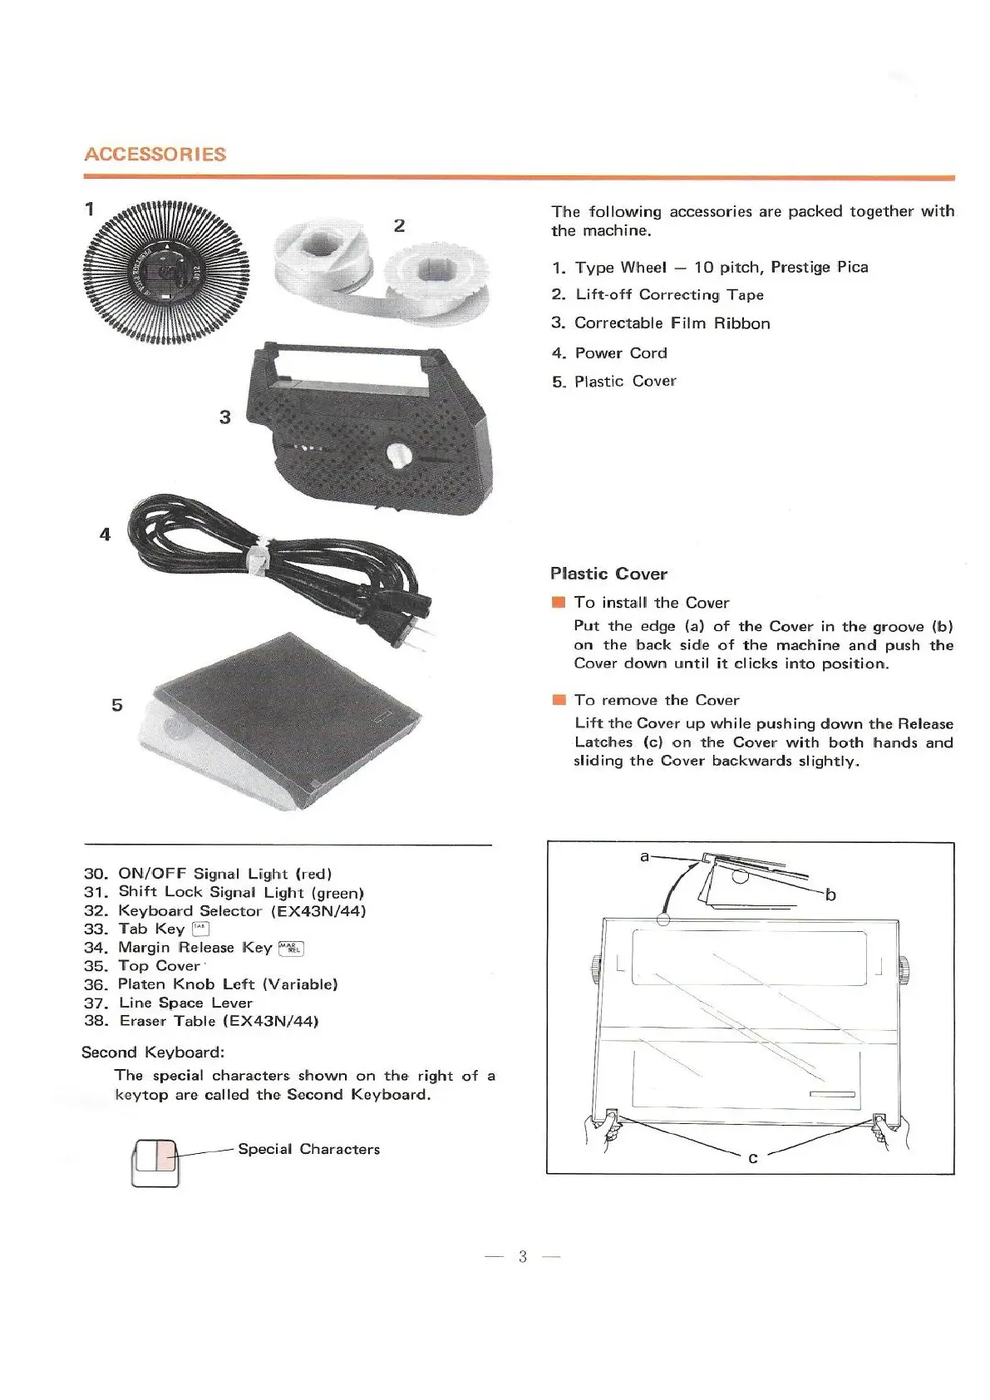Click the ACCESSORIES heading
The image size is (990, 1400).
click(155, 155)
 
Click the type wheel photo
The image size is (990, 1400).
click(165, 270)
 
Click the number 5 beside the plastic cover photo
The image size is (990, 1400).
click(117, 705)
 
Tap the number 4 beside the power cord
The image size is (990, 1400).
click(105, 535)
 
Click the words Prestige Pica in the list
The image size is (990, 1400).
click(819, 268)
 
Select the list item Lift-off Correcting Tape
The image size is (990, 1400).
click(668, 295)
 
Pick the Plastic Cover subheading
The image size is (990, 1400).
click(608, 574)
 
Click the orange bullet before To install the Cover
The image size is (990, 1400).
click(558, 603)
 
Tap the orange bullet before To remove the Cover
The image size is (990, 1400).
click(558, 700)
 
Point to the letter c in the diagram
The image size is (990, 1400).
click(752, 1158)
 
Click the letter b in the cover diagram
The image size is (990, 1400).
click(830, 895)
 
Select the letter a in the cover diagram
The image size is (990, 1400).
click(643, 855)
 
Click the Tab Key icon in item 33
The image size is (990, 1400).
click(200, 929)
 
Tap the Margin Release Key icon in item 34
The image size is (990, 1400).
click(292, 949)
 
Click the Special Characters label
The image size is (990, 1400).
click(308, 1149)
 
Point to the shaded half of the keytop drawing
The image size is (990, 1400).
click(165, 1156)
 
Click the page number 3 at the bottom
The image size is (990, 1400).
click(522, 1256)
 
